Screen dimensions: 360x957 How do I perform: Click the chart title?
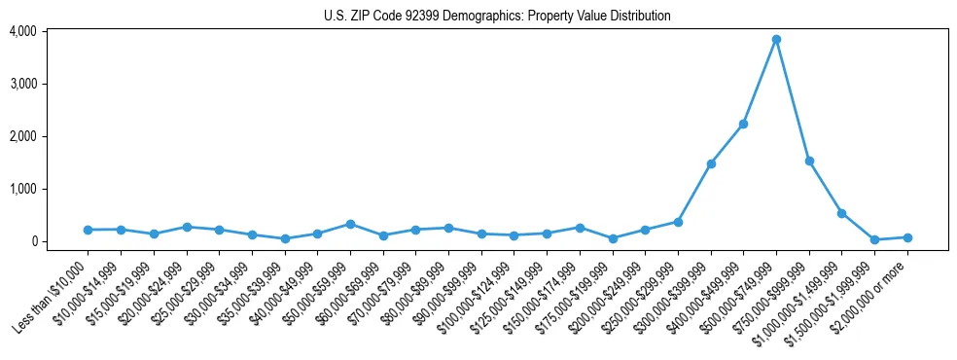(x=497, y=17)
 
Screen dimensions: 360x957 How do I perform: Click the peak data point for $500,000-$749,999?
(x=776, y=40)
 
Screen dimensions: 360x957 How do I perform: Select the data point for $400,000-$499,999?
(x=743, y=124)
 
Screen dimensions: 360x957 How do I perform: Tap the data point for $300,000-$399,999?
(x=711, y=163)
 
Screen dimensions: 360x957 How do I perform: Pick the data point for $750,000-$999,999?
(x=809, y=161)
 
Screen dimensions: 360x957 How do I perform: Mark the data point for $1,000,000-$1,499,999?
(x=842, y=213)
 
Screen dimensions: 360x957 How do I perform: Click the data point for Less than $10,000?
(x=88, y=230)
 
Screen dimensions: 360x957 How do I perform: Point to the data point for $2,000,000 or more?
(x=907, y=237)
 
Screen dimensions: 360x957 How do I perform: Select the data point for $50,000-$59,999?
(x=350, y=224)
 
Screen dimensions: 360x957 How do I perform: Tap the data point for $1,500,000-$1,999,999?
(x=874, y=239)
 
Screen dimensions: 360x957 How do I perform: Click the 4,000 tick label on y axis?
(x=22, y=31)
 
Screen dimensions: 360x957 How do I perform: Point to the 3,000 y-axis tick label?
(x=22, y=84)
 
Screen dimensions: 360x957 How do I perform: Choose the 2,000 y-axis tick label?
(x=22, y=136)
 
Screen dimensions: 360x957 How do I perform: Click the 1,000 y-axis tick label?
(x=22, y=189)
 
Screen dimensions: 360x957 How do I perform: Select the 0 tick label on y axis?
(x=32, y=241)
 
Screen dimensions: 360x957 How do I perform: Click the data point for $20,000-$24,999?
(x=186, y=227)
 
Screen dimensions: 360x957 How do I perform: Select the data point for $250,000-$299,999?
(x=678, y=222)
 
